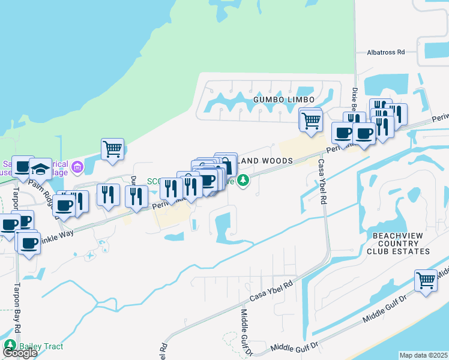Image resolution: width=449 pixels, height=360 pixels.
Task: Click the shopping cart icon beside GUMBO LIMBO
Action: tap(310, 119)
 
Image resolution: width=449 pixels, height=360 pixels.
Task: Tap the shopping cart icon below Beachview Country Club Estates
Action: tap(426, 280)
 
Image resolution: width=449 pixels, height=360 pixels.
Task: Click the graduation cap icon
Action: tap(41, 169)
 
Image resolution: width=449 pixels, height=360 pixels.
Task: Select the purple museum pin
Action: tap(77, 166)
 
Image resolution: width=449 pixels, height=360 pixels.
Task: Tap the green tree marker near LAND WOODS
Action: tap(243, 180)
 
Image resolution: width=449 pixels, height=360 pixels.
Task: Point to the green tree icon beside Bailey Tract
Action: tap(10, 345)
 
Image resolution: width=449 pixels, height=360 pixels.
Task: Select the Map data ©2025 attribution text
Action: tap(424, 355)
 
